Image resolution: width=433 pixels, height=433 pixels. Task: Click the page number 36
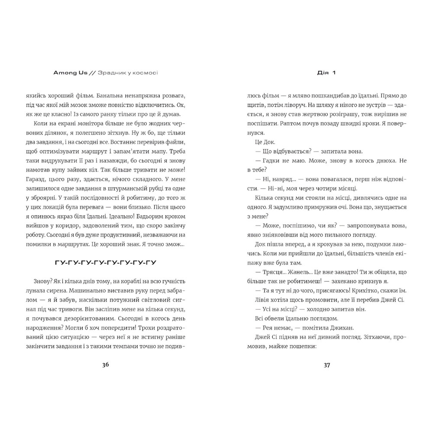coord(106,364)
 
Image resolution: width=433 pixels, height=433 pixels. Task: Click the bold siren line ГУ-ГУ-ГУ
coord(106,263)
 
